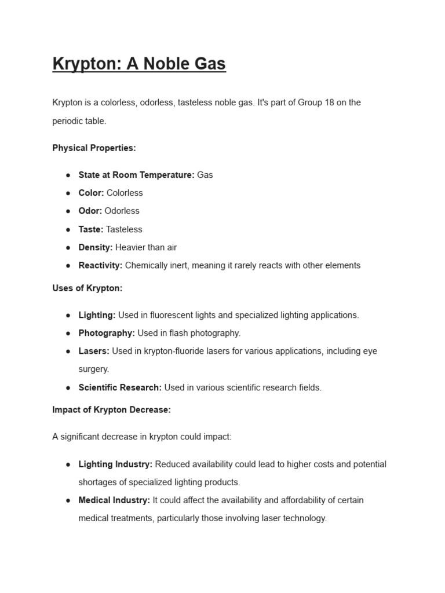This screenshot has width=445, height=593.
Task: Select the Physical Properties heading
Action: pyautogui.click(x=94, y=148)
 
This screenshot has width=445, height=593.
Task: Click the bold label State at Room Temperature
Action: pyautogui.click(x=136, y=175)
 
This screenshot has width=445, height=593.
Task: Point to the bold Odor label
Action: pyautogui.click(x=90, y=211)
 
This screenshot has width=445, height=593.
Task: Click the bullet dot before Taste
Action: pyautogui.click(x=68, y=229)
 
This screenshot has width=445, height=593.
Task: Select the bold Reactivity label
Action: pyautogui.click(x=100, y=265)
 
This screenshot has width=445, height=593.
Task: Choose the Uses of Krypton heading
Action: pyautogui.click(x=87, y=288)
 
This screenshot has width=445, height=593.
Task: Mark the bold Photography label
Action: pyautogui.click(x=107, y=333)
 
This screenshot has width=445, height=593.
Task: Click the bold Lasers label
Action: pyautogui.click(x=94, y=351)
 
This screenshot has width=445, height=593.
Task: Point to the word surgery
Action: pyautogui.click(x=94, y=369)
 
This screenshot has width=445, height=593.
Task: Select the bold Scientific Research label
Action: pyautogui.click(x=120, y=387)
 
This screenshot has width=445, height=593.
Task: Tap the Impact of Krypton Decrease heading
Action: pyautogui.click(x=111, y=409)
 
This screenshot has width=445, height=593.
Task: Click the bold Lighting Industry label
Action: pyautogui.click(x=115, y=464)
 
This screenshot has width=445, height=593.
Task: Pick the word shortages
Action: pyautogui.click(x=99, y=482)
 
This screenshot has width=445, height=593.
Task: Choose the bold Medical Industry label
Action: pyautogui.click(x=114, y=500)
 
